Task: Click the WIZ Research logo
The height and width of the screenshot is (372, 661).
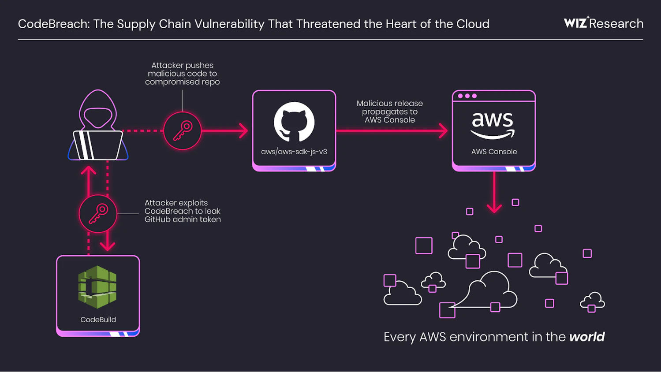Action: coord(603,23)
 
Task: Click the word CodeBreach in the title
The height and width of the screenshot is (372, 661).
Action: coord(53,24)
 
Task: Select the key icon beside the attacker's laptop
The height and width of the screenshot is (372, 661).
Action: coord(182,131)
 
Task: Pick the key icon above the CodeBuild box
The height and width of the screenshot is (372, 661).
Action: coord(98,214)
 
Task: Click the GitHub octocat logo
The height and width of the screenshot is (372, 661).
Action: coord(294,122)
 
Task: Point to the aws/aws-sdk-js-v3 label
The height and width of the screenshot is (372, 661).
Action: coord(294,152)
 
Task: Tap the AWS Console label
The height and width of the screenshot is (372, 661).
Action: coord(494,152)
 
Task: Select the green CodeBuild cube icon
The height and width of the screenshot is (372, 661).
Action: coord(97,287)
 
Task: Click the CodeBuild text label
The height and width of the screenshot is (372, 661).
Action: coord(98,320)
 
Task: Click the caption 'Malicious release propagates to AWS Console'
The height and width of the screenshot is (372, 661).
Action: coord(390,112)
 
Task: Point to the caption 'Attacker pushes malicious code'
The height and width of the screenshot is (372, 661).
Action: coord(182,74)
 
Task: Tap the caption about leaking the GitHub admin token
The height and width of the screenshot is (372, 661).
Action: coord(183,211)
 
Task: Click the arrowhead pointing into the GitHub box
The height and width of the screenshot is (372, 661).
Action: coord(243,131)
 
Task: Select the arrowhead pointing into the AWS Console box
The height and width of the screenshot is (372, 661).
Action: coord(443,131)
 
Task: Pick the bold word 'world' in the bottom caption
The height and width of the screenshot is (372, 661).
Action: coord(587,337)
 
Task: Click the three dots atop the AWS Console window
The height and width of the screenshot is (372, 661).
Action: coord(467,96)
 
